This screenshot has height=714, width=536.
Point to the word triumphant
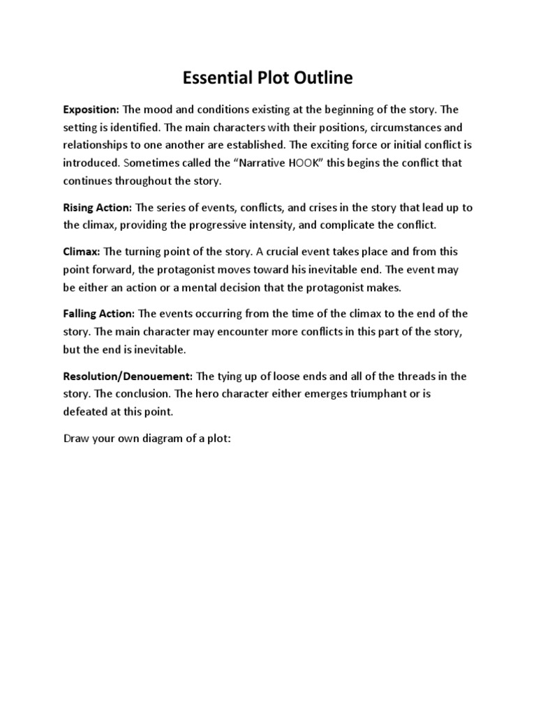[373, 394]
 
